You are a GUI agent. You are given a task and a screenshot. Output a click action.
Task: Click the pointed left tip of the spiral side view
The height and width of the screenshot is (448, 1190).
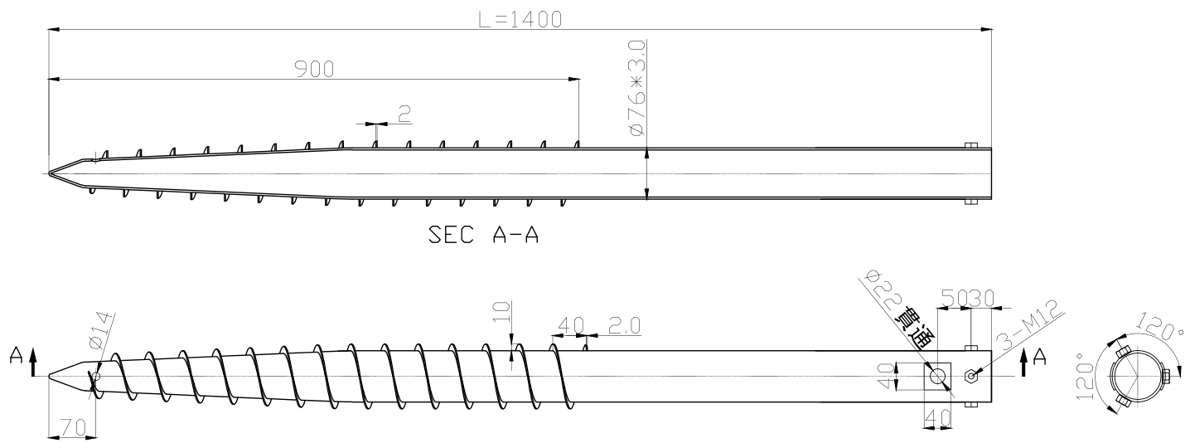point(48,376)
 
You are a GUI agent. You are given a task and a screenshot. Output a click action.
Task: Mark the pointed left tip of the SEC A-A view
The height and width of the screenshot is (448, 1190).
point(48,173)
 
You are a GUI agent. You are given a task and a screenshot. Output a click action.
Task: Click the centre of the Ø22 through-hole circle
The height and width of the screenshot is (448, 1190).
point(937,376)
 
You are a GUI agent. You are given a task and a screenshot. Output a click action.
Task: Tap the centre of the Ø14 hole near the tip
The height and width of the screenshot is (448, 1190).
point(95,376)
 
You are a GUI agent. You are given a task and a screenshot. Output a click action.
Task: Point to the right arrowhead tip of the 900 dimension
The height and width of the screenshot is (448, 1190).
point(580,80)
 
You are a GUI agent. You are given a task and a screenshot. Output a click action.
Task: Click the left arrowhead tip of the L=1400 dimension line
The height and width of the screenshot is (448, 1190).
point(48,30)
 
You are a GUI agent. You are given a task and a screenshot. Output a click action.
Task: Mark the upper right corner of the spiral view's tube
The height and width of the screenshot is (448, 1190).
point(991,351)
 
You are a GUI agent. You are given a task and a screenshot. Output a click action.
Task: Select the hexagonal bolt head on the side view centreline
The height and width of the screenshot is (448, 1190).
point(971,376)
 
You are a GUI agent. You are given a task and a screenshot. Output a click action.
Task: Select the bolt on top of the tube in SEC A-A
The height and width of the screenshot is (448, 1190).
point(971,145)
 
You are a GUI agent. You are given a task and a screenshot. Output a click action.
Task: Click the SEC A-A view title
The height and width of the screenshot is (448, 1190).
point(483,235)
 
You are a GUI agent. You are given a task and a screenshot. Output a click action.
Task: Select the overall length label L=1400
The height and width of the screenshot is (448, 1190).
point(520,20)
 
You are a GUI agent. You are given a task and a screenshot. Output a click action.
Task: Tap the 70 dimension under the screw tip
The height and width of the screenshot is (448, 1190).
point(72,428)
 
